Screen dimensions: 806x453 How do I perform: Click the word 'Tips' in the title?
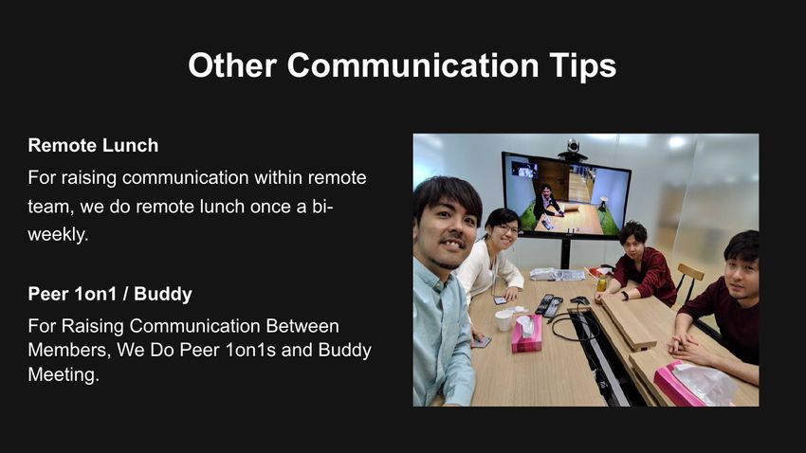point(582,65)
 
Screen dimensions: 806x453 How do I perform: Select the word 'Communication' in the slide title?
point(412,64)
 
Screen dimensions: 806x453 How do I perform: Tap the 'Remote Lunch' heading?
point(93,145)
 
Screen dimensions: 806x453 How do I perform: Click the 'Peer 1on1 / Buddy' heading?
point(110,294)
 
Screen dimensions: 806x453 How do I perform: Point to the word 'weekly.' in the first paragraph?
point(58,234)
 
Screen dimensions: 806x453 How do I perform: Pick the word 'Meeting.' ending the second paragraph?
point(64,374)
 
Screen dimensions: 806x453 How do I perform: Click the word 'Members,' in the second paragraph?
point(69,351)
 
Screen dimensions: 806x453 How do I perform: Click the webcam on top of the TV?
point(573,149)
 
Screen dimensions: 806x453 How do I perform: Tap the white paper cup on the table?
point(504,320)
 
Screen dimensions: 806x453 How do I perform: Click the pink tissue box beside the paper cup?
point(526,334)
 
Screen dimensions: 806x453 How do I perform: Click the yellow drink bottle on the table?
point(601,282)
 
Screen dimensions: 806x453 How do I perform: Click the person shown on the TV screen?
point(546,203)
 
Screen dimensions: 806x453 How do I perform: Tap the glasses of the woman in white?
point(507,229)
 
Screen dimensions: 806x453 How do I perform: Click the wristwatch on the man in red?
point(624,296)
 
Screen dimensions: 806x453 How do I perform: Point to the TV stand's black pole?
point(565,254)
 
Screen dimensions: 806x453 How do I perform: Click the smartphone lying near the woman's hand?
point(500,300)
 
